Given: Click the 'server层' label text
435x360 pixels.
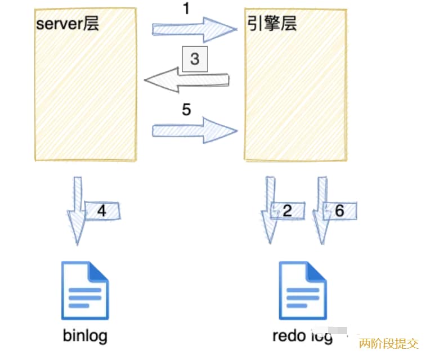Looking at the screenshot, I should [x=67, y=24].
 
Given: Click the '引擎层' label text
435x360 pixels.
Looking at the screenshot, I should [x=272, y=23].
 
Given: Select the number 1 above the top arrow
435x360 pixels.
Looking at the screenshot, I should [x=186, y=9].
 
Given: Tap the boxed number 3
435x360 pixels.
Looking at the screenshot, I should [x=195, y=59].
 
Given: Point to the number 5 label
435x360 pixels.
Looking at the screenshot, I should [x=186, y=109].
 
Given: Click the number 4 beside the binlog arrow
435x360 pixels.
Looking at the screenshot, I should [x=102, y=210].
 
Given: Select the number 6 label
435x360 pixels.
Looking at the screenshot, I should [x=340, y=210].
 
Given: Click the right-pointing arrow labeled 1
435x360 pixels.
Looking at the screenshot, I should [x=194, y=29].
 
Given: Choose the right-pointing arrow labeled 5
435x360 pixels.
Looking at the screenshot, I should [x=194, y=131].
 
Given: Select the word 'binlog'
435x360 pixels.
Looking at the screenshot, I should [x=84, y=336].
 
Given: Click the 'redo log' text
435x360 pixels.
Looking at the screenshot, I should [x=302, y=336].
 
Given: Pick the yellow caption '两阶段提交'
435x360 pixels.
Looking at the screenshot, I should [x=389, y=343].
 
